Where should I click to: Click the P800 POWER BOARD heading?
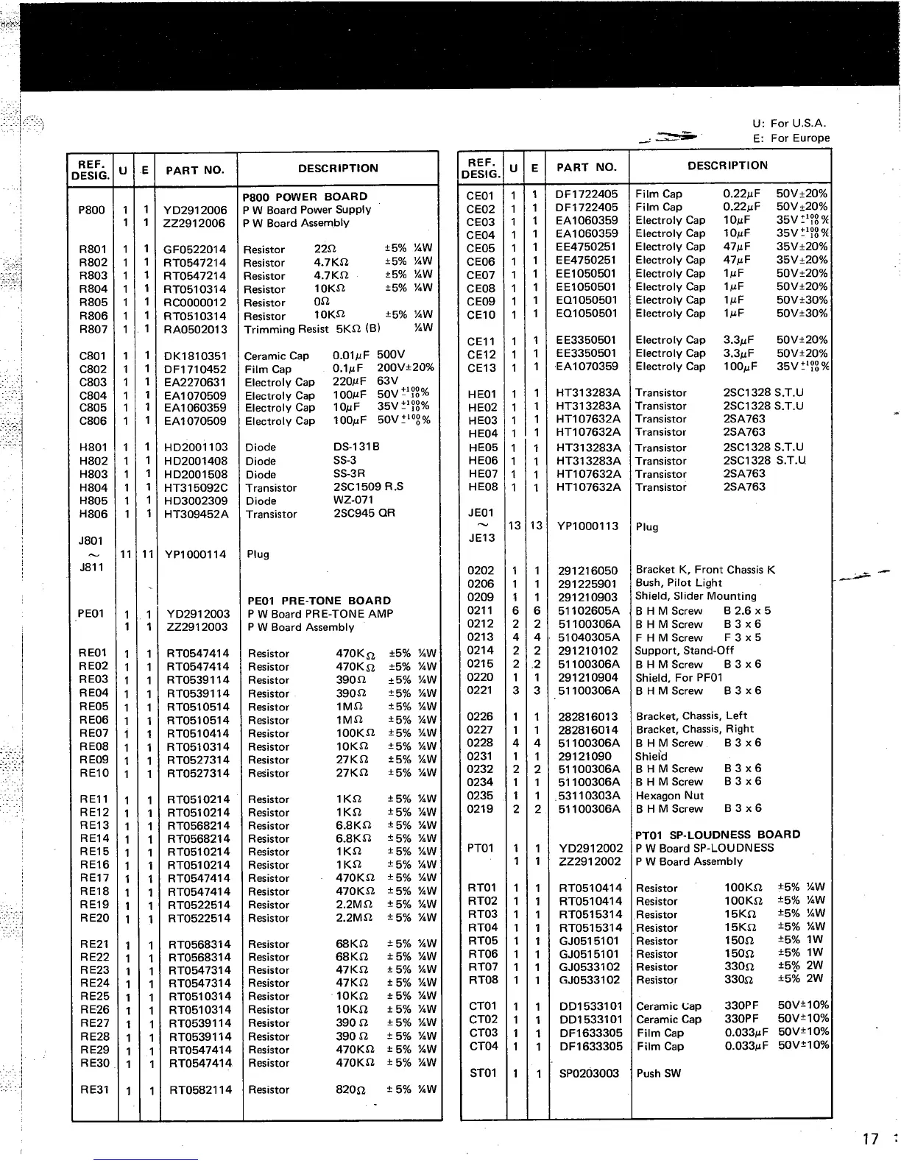coord(305,197)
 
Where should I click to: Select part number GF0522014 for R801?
coord(195,250)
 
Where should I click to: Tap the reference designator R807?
coord(93,329)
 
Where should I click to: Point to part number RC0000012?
coord(195,303)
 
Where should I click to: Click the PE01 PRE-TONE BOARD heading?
coord(319,601)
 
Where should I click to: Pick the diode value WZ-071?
coord(353,501)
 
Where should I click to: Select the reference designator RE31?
coord(94,1089)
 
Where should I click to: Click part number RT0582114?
coord(200,1089)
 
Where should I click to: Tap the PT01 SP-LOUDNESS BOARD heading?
coord(717,835)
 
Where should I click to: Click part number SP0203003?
coord(589,1073)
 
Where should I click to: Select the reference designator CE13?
coord(481,367)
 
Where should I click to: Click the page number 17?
coord(870,1139)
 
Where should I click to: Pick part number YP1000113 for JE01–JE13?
coord(587,526)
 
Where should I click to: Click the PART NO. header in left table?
coord(194,170)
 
